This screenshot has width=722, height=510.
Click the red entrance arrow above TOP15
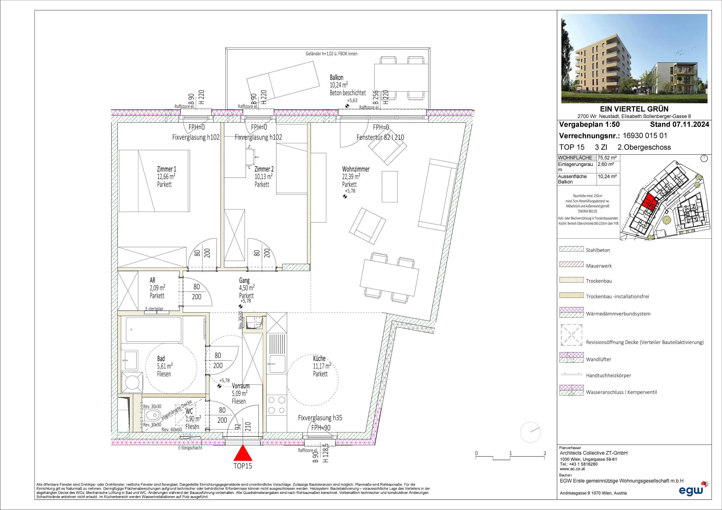point(243,453)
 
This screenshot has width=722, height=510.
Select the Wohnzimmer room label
point(356,169)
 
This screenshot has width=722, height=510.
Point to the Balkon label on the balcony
point(336,77)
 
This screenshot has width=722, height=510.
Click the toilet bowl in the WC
point(153,415)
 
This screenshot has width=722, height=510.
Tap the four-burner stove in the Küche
point(277,405)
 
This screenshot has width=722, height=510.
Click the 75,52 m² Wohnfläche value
point(607,158)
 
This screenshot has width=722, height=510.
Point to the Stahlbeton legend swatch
point(571,249)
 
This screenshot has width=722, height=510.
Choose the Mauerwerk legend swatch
point(571,264)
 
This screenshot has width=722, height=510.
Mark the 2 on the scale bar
point(545,453)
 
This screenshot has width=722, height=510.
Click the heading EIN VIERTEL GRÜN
point(634,109)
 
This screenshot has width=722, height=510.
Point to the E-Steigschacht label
point(190,448)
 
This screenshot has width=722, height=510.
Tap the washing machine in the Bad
point(132,382)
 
